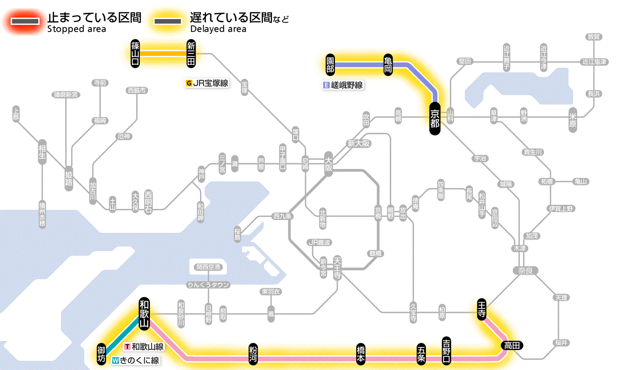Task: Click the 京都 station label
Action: [x=435, y=118]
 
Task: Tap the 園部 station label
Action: [x=330, y=65]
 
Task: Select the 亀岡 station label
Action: [x=389, y=64]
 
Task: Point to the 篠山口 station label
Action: [x=135, y=54]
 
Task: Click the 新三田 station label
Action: [x=191, y=54]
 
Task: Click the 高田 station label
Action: [x=512, y=345]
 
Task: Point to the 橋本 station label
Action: [x=361, y=354]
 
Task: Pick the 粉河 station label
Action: [x=253, y=354]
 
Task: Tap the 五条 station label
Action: [x=421, y=354]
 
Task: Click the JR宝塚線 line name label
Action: [x=207, y=83]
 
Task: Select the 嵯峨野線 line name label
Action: [x=343, y=85]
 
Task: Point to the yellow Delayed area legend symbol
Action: [x=168, y=21]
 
